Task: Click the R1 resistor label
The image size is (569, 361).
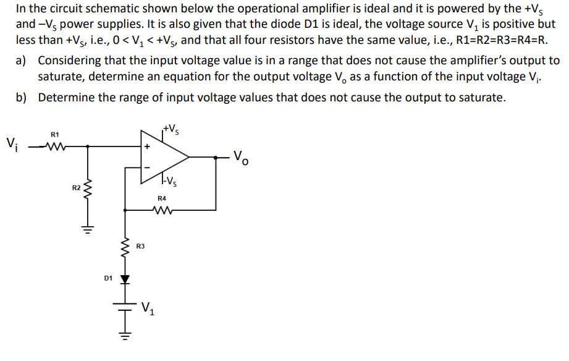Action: [x=54, y=134]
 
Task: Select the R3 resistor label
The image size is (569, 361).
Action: [x=140, y=246]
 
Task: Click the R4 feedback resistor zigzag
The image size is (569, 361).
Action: [x=162, y=210]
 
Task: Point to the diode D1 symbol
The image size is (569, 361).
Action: [x=126, y=279]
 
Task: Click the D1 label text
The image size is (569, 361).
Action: [x=107, y=279]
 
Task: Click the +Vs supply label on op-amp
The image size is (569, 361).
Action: [x=172, y=130]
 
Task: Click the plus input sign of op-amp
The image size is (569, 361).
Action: [x=147, y=147]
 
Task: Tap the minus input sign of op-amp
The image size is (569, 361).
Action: [x=147, y=166]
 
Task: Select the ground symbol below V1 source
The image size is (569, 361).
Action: [x=126, y=338]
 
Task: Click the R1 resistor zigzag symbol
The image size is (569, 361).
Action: [x=55, y=147]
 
